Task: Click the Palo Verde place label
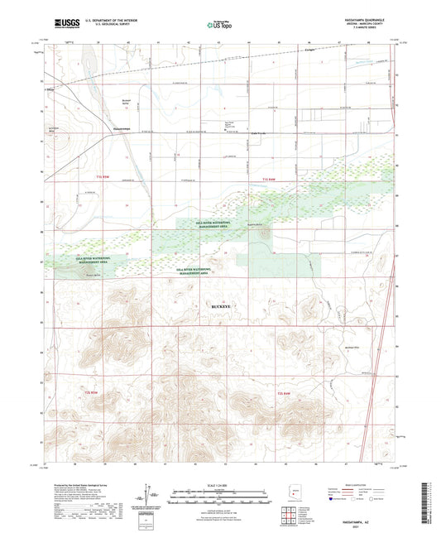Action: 237,135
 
